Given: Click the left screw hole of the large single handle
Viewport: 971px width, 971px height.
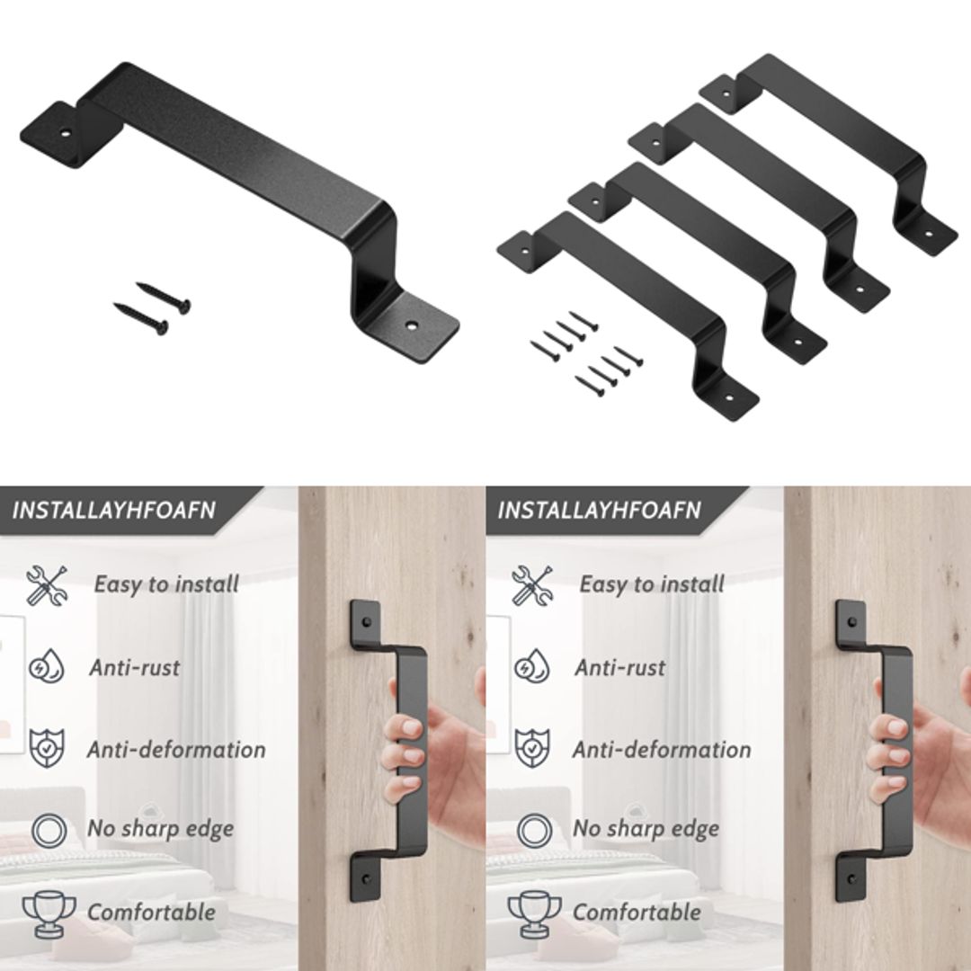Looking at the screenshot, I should point(65,131).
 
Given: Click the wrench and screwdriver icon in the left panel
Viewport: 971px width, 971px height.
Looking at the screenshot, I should point(46,585).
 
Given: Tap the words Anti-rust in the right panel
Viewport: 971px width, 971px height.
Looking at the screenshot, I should point(619,668).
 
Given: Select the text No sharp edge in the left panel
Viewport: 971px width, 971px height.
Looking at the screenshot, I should point(160,829).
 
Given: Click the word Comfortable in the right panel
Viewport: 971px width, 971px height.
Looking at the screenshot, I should point(637,913).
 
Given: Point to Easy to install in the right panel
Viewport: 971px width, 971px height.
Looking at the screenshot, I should point(651,584).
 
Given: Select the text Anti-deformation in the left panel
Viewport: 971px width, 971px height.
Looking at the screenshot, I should point(176,749).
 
